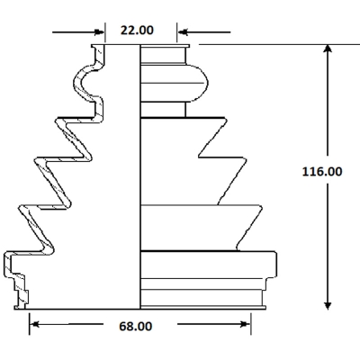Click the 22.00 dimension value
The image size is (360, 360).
pos(137,31)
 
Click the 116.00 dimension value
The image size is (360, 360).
pos(322,172)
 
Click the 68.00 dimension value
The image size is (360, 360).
pos(136,326)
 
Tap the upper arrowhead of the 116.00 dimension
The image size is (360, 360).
pos(328,49)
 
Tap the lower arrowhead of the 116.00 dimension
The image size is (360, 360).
pos(328,305)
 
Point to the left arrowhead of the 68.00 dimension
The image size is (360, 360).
pos(34,324)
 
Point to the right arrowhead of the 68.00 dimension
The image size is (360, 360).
pos(246,324)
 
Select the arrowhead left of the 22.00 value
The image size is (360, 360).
pos(100,31)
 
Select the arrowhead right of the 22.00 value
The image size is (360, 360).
pos(182,31)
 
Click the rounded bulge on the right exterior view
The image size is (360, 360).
pos(196,83)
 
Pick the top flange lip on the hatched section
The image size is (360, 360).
pos(98,46)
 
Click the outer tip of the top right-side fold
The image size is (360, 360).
pos(226,119)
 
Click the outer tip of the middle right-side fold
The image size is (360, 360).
pos(247,159)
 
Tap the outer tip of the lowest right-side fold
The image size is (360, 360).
pos(262,208)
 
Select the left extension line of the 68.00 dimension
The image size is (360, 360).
pos(30,324)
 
